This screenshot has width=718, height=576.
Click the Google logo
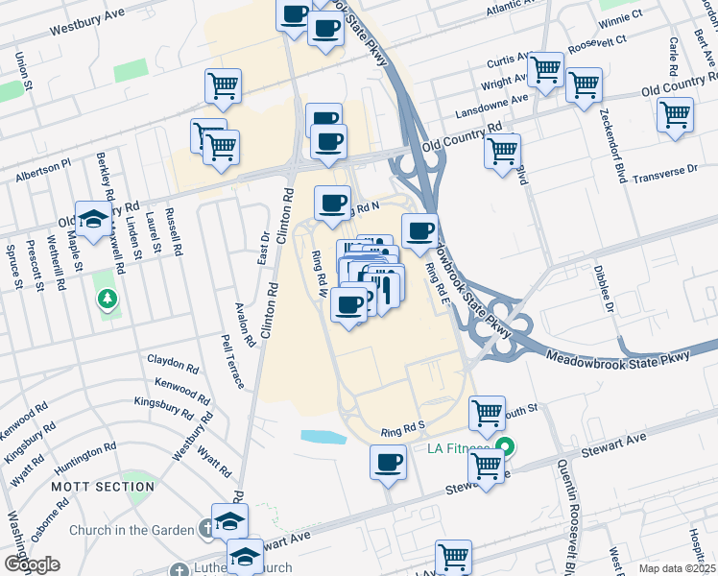pos(32,564)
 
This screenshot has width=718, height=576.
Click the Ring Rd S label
pos(401,433)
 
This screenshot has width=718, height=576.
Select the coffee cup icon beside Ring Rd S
pos(388,462)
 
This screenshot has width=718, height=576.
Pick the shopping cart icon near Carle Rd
pos(675,114)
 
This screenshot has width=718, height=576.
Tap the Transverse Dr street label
pos(666,170)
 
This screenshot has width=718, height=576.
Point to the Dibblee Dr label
pos(603,289)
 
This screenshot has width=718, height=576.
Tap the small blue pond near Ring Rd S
pos(323,437)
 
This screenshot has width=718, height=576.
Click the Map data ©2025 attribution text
pos(676,568)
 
